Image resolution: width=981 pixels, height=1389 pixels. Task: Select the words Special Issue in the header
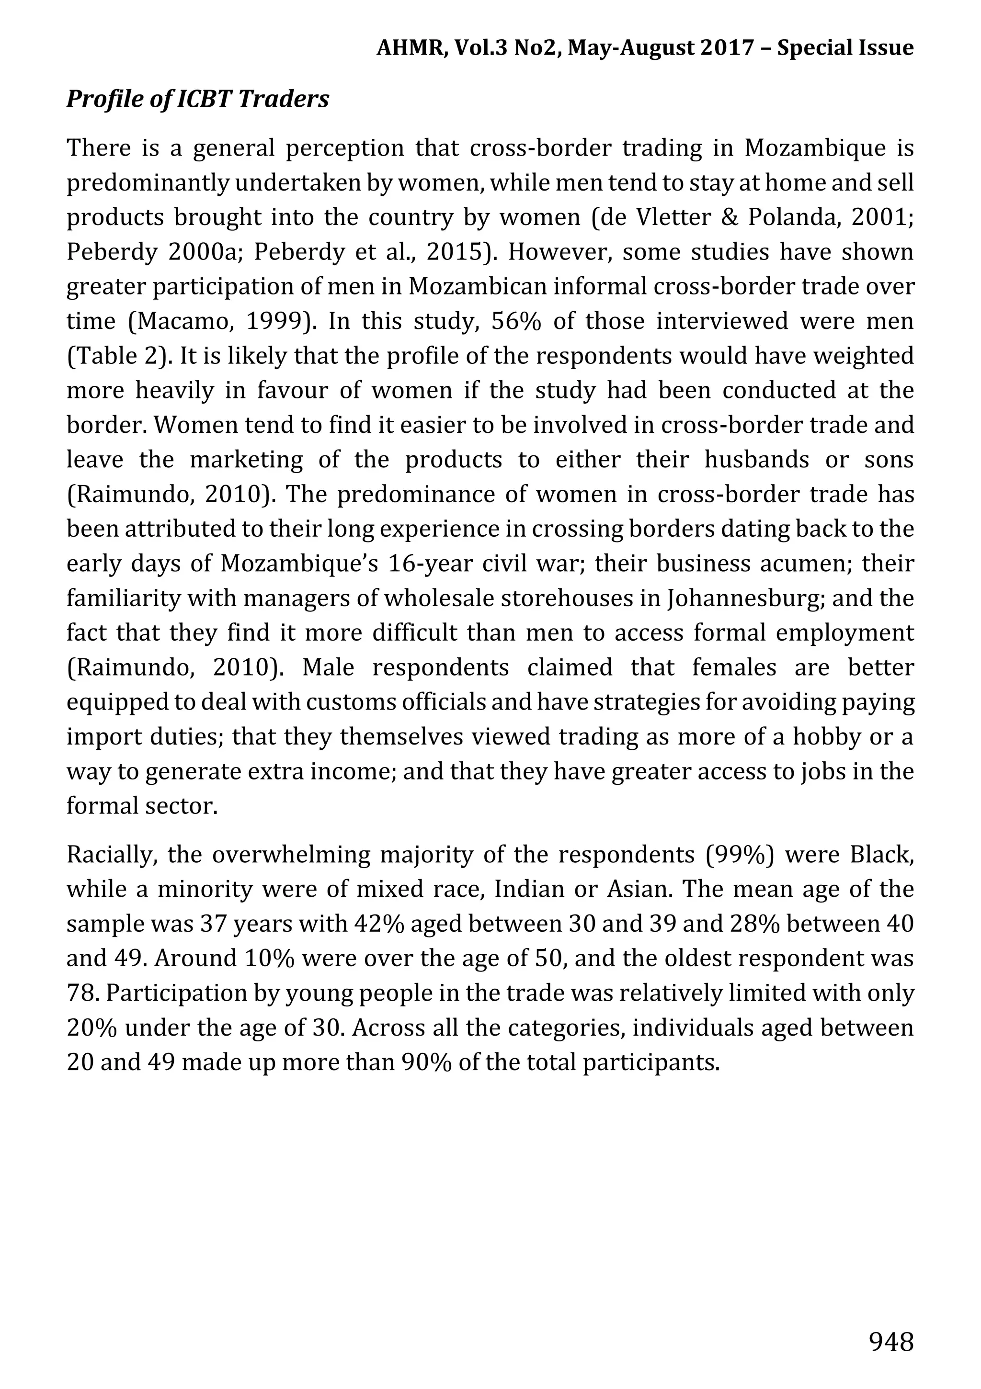coord(845,48)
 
